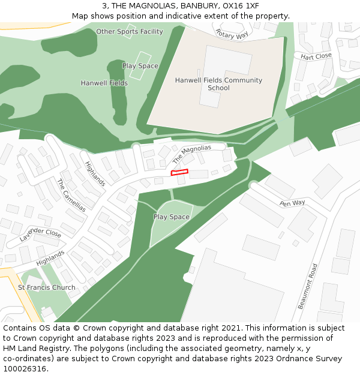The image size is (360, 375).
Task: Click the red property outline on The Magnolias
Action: point(179,172)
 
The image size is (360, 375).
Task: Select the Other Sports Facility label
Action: point(130,31)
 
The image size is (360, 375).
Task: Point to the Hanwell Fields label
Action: point(104,83)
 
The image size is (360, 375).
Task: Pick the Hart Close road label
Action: point(316,56)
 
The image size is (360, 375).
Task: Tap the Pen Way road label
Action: point(292,203)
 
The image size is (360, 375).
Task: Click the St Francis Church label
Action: point(47,287)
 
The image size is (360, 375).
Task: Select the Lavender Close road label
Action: point(40,235)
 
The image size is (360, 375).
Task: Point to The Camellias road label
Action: point(71,194)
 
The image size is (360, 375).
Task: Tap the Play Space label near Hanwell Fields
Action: point(140,66)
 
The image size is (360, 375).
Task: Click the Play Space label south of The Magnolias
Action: point(172,217)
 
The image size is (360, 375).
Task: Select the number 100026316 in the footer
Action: point(25,369)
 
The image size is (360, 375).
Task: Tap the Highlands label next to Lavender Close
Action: point(50,259)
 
